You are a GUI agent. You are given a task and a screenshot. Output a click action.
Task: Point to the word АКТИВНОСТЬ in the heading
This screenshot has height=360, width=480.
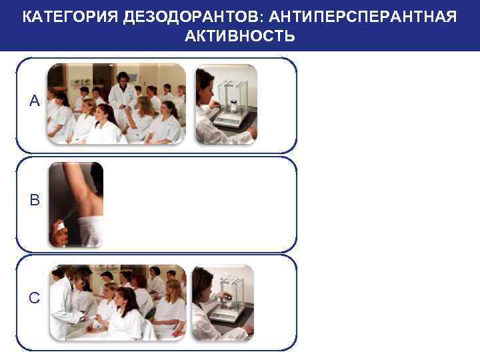tap(239, 35)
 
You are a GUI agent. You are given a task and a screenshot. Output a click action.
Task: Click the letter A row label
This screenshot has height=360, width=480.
tap(35, 101)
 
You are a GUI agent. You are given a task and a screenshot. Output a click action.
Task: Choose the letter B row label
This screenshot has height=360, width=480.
tap(35, 199)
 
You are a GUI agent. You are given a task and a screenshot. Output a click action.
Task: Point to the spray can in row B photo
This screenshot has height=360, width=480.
tap(60, 227)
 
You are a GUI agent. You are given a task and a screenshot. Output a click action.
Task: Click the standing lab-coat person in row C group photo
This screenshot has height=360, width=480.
tap(63, 303)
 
